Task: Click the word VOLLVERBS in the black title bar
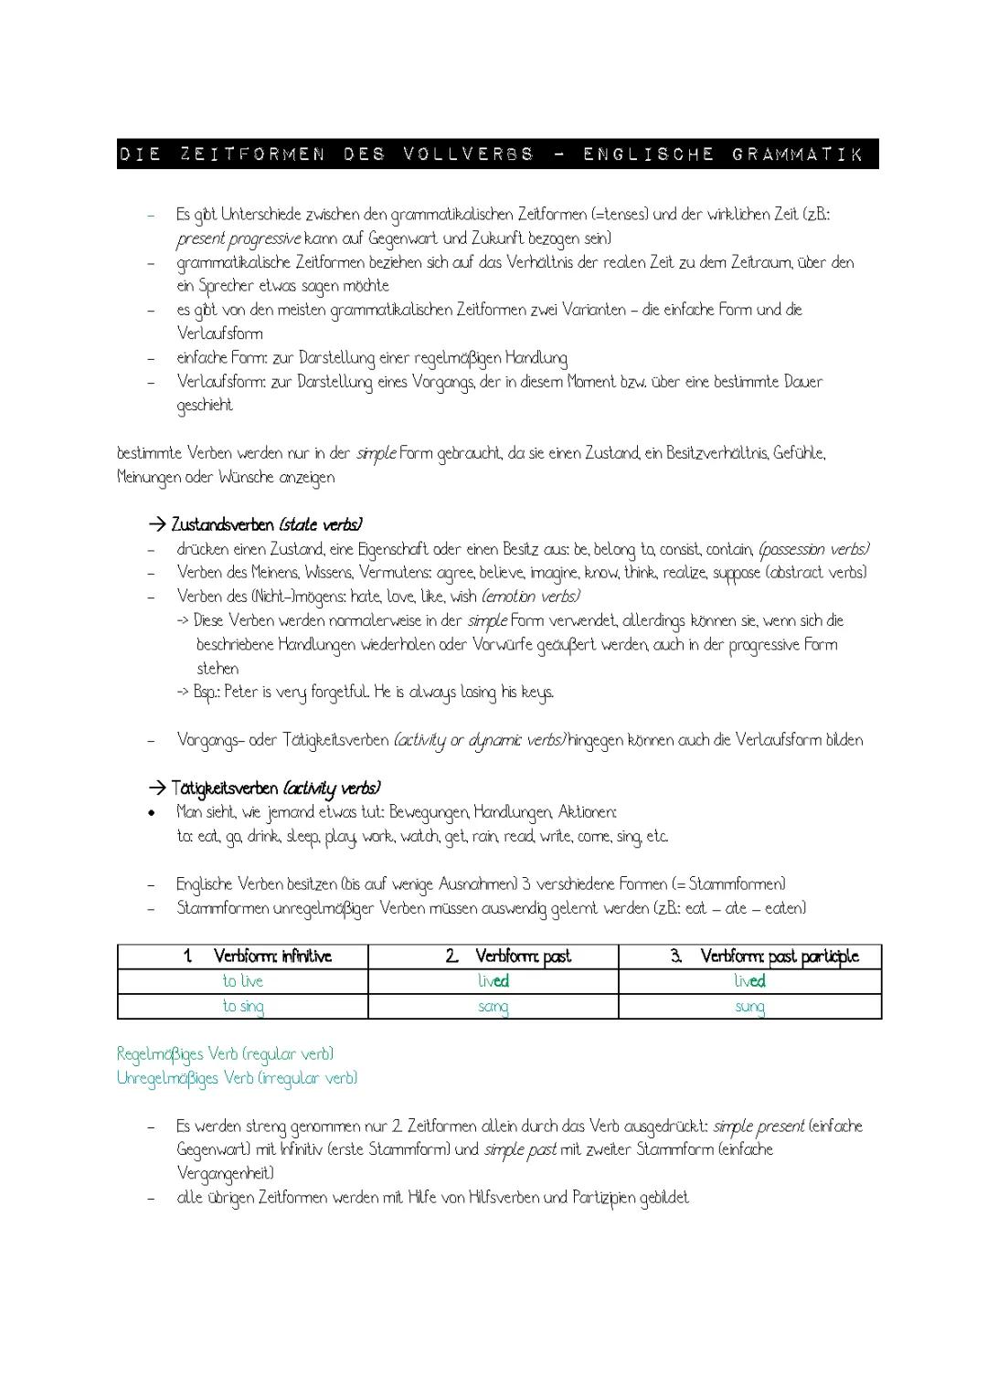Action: (x=467, y=154)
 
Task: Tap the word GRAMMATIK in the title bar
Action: (x=797, y=154)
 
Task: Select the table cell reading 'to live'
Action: (x=243, y=981)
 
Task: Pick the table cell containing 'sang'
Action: (x=493, y=1007)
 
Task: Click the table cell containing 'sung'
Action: (x=749, y=1007)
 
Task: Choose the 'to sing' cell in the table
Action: (x=243, y=1007)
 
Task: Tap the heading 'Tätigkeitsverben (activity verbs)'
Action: (x=275, y=788)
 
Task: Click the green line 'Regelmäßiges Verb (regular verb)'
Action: (x=225, y=1054)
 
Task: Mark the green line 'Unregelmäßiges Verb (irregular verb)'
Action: (x=237, y=1079)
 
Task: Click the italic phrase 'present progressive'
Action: (x=238, y=239)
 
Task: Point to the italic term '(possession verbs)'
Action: (x=813, y=550)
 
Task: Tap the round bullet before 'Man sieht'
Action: (x=154, y=812)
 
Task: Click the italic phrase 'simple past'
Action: (x=520, y=1150)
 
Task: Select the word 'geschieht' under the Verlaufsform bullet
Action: (x=205, y=406)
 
